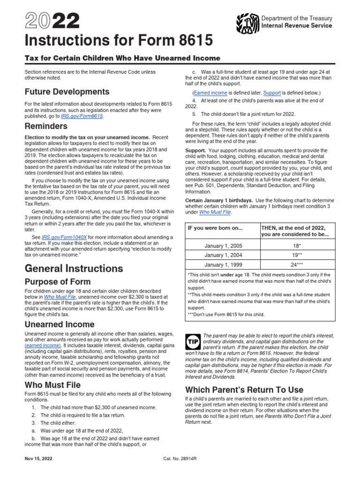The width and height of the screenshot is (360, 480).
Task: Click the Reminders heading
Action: click(x=46, y=126)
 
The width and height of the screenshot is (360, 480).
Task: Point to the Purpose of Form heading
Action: click(x=58, y=282)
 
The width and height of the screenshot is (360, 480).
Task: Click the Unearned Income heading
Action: click(x=60, y=324)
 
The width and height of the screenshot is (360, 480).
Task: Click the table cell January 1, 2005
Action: click(x=223, y=245)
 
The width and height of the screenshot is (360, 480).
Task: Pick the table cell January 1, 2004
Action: click(x=223, y=255)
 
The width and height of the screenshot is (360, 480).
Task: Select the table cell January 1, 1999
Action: click(x=223, y=264)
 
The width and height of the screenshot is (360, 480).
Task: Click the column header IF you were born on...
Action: click(x=216, y=228)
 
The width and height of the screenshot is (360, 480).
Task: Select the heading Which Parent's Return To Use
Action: click(x=244, y=390)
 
